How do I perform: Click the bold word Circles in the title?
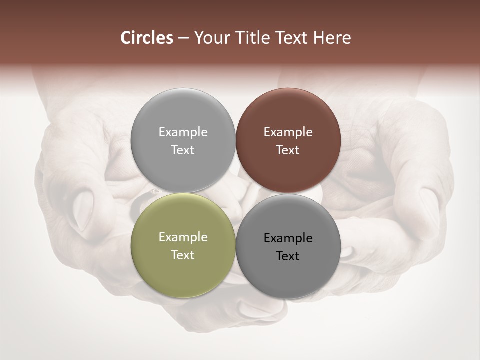click(147, 38)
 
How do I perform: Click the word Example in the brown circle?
click(288, 132)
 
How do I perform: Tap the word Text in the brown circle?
click(288, 150)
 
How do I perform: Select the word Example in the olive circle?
click(183, 237)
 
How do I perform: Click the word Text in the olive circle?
click(183, 255)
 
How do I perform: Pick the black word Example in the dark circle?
click(288, 238)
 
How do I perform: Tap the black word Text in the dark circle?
click(288, 256)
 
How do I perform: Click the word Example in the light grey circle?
click(183, 132)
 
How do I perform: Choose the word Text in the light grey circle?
click(183, 150)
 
